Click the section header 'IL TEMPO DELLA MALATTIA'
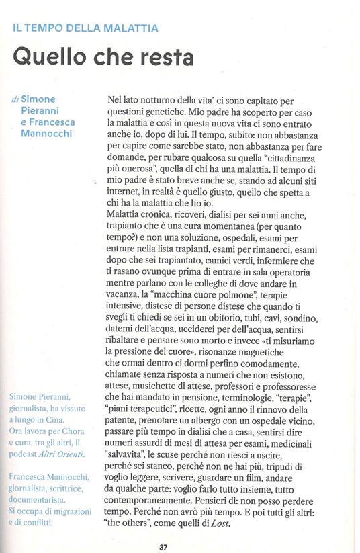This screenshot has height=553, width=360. click(85, 29)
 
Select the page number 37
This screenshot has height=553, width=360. click(163, 546)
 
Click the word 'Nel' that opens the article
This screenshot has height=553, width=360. click(116, 99)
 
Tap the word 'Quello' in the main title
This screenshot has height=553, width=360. click(49, 58)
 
